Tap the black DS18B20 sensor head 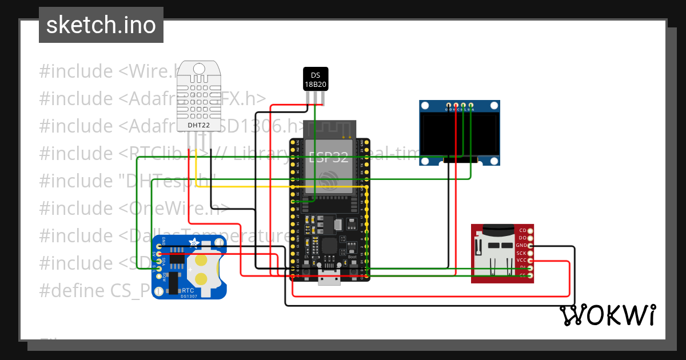coord(315,79)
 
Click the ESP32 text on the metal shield coord(329,158)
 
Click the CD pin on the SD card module coord(531,230)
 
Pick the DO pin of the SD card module coord(531,238)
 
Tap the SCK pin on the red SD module coord(531,253)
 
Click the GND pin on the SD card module coord(531,245)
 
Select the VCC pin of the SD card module coord(531,260)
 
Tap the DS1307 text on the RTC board coord(189,296)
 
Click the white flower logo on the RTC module coord(195,243)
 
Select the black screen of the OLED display coord(459,136)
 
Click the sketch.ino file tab coord(101,25)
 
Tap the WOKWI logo coord(607,315)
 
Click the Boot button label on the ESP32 coord(352,251)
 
